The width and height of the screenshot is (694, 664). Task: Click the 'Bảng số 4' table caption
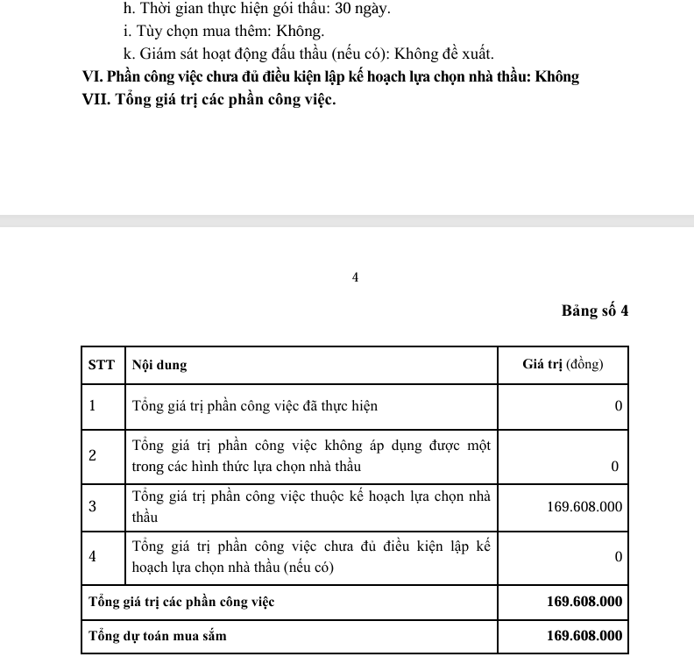pyautogui.click(x=596, y=311)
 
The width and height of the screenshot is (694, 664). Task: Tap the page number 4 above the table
pyautogui.click(x=355, y=277)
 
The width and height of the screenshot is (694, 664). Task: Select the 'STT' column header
pyautogui.click(x=102, y=365)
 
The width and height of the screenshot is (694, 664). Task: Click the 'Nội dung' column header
pyautogui.click(x=159, y=365)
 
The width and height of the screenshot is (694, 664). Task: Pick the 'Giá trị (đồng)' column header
pyautogui.click(x=563, y=365)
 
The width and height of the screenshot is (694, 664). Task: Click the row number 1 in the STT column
pyautogui.click(x=92, y=406)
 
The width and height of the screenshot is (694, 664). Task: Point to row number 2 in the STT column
pyautogui.click(x=92, y=455)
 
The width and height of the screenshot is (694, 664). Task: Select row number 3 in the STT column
pyautogui.click(x=92, y=507)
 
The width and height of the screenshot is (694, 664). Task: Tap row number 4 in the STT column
pyautogui.click(x=92, y=556)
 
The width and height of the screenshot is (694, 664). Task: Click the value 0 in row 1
pyautogui.click(x=618, y=407)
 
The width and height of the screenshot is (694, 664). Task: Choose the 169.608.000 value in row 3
pyautogui.click(x=584, y=507)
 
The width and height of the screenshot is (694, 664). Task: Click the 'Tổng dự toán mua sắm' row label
pyautogui.click(x=158, y=636)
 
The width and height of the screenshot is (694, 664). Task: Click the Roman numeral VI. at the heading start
pyautogui.click(x=93, y=76)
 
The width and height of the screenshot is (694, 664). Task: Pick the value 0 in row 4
pyautogui.click(x=618, y=557)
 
